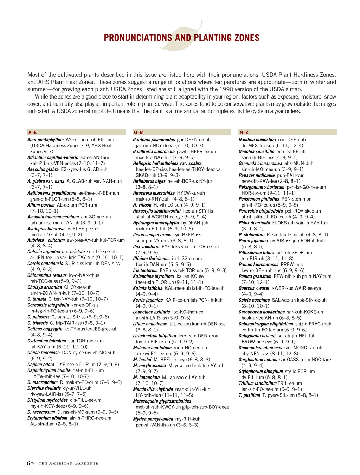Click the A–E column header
pos(32,133)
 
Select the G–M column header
pos(139,133)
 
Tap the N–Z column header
pos(244,133)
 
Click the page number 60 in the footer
pos(30,463)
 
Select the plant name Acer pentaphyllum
pos(45,140)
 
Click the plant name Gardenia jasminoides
pos(154,140)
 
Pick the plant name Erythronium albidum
pos(47,418)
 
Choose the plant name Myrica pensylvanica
pos(153,419)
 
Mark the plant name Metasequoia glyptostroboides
pos(162,401)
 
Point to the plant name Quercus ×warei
pos(254,288)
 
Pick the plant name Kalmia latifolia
pos(148,288)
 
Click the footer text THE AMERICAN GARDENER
pos(69,464)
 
